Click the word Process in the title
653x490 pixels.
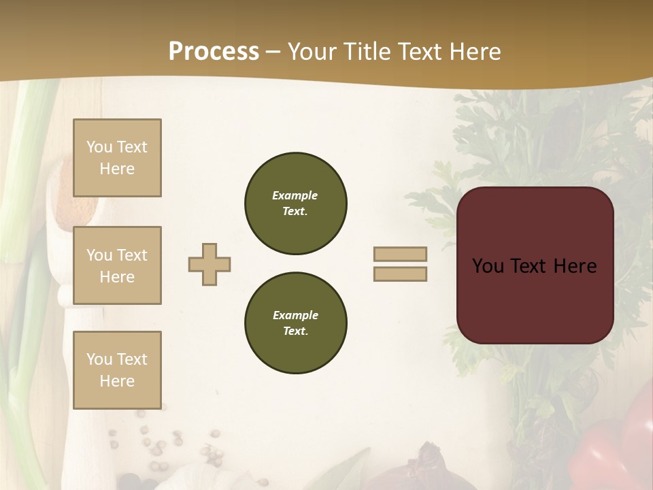[214, 52]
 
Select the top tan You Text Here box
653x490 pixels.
[117, 158]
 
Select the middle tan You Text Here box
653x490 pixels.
[117, 265]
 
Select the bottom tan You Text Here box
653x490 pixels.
[117, 370]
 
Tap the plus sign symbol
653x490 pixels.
[210, 264]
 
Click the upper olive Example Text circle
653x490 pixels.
[295, 203]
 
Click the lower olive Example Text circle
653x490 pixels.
[295, 323]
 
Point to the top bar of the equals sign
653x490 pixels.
[400, 254]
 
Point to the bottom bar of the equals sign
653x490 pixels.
[400, 274]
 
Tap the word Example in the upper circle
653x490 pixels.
[295, 195]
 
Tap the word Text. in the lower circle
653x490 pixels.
[295, 331]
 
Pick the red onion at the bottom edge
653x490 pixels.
[422, 470]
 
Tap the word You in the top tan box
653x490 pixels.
[99, 147]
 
